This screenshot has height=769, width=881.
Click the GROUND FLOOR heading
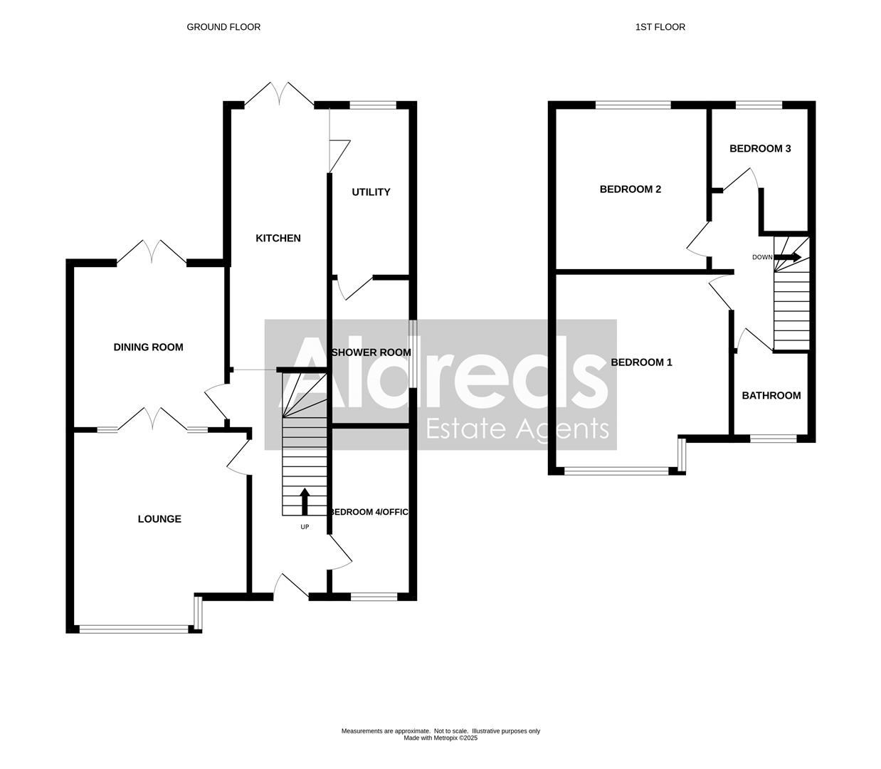[223, 27]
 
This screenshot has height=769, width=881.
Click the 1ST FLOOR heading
[660, 27]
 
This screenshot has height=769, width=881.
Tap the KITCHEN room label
[278, 238]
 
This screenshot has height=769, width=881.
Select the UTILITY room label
[371, 192]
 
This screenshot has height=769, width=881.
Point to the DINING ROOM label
[148, 347]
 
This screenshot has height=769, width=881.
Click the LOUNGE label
[159, 518]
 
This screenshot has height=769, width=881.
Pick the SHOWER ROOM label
[371, 352]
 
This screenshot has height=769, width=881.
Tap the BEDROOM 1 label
[641, 362]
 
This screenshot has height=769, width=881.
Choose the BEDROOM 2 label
[631, 189]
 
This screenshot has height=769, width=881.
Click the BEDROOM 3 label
[760, 148]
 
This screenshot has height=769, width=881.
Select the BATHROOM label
[771, 395]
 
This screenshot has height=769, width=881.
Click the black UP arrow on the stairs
[305, 501]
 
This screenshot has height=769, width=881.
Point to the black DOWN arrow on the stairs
[788, 257]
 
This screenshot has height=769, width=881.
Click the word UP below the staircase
[305, 527]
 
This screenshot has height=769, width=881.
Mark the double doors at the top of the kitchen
[280, 95]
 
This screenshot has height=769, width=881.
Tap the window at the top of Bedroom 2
[633, 105]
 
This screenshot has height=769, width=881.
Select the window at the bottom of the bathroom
[774, 439]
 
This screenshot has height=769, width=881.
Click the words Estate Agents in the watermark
[517, 429]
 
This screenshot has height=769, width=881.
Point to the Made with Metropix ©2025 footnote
[440, 738]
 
